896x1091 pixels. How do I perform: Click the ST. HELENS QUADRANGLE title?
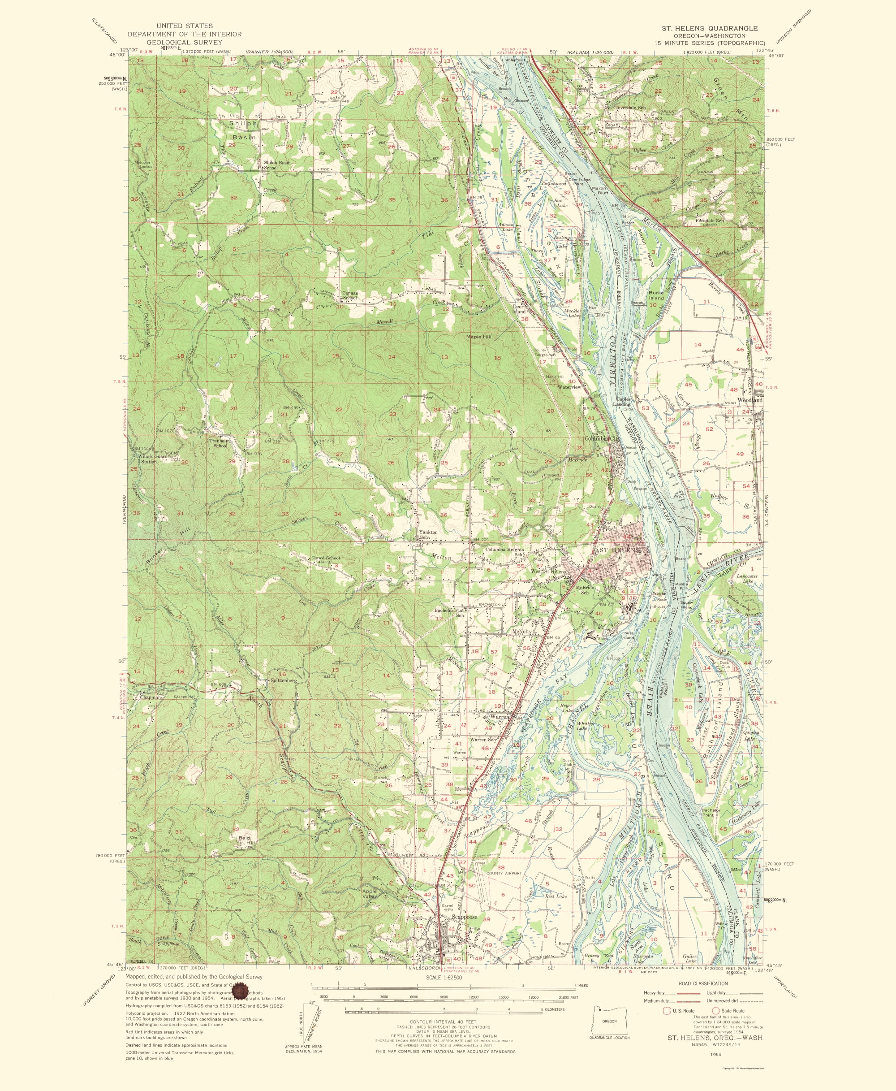710,28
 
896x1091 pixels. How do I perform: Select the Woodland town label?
750,400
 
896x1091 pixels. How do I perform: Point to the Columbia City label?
602,439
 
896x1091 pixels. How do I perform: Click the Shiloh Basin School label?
277,165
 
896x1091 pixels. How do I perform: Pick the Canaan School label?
350,295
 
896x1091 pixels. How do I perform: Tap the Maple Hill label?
478,337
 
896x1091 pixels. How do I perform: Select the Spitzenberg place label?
283,680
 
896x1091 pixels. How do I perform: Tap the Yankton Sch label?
428,534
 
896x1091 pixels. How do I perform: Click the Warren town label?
499,717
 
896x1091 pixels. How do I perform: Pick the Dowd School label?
326,558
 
